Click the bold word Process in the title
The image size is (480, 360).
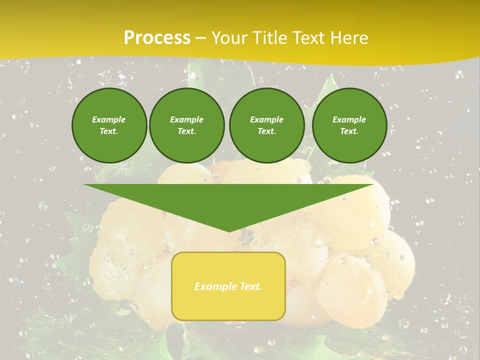click(x=157, y=38)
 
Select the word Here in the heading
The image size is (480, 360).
click(x=347, y=38)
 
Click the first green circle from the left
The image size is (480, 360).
click(x=109, y=125)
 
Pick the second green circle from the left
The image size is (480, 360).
click(x=186, y=125)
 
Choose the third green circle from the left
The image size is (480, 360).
click(x=266, y=125)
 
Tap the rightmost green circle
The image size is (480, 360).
click(x=349, y=125)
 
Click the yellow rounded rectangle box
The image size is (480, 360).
click(x=228, y=285)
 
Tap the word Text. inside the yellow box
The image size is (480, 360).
click(x=251, y=286)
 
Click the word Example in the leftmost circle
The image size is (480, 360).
click(x=109, y=119)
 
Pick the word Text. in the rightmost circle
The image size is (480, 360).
click(x=349, y=131)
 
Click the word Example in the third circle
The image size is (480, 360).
click(x=266, y=119)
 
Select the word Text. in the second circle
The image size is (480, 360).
click(x=186, y=131)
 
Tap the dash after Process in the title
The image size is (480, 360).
click(x=201, y=38)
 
